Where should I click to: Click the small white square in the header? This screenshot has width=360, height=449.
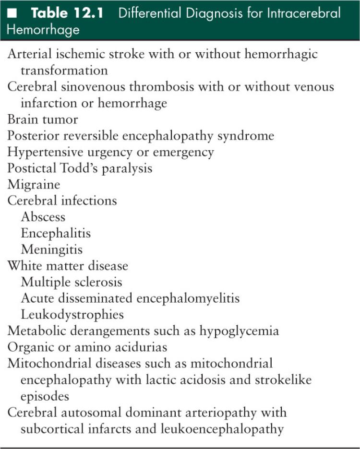click(x=13, y=12)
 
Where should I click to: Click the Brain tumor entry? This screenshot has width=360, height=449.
click(x=42, y=119)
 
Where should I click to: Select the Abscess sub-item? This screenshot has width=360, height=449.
click(x=43, y=217)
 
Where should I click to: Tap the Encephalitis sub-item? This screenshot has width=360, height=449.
click(x=56, y=233)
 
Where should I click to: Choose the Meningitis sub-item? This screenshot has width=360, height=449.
click(x=51, y=249)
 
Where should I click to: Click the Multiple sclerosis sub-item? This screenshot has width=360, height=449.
click(x=71, y=282)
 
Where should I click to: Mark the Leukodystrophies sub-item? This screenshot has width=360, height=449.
click(x=72, y=315)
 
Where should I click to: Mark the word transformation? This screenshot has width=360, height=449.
click(x=64, y=70)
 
